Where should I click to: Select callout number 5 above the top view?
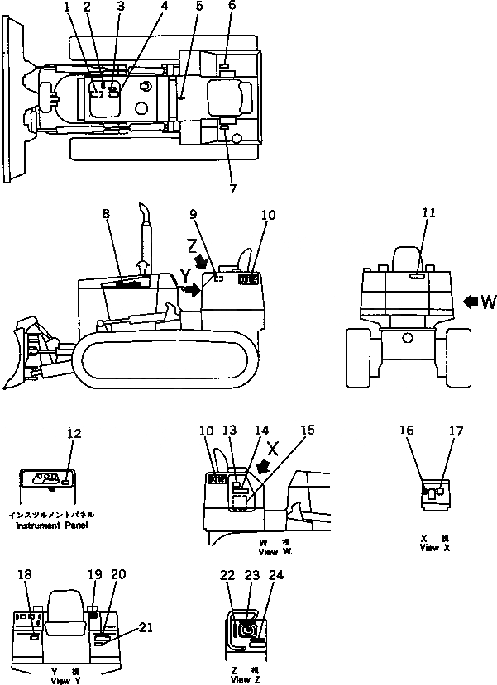[198, 7]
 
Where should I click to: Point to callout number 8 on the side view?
[106, 215]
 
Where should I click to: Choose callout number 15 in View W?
[308, 430]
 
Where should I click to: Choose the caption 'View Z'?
[241, 679]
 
